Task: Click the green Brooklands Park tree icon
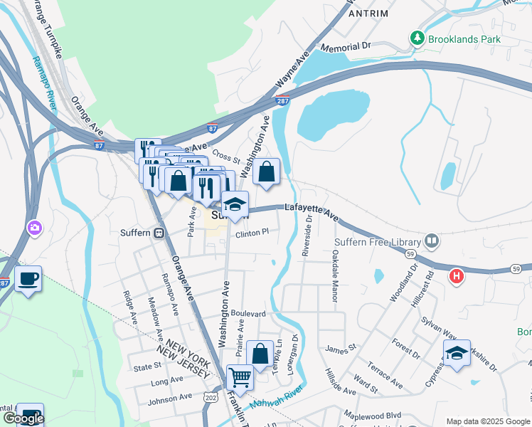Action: tap(417, 38)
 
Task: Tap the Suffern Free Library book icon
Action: tap(432, 241)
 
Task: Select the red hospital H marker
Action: tap(456, 275)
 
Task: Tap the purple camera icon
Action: tap(33, 228)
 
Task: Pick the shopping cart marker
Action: tap(240, 377)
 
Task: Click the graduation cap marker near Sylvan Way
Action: tap(456, 352)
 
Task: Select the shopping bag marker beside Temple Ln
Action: tap(260, 352)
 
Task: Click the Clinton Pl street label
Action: tap(252, 232)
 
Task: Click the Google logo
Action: tap(23, 418)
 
